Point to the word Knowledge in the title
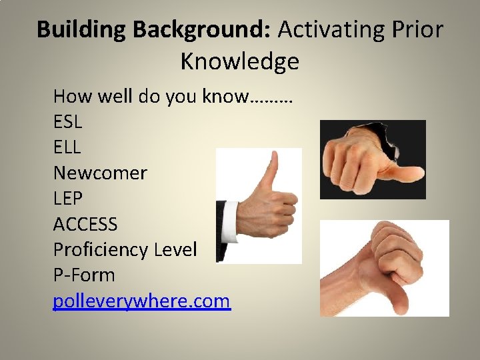point(239,62)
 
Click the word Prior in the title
point(418,30)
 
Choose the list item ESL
point(67,123)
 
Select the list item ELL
point(67,148)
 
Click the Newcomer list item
point(100,173)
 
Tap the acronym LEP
point(67,199)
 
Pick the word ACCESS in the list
point(85,224)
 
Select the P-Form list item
point(84,275)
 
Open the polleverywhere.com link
point(141,301)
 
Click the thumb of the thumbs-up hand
point(269,170)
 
